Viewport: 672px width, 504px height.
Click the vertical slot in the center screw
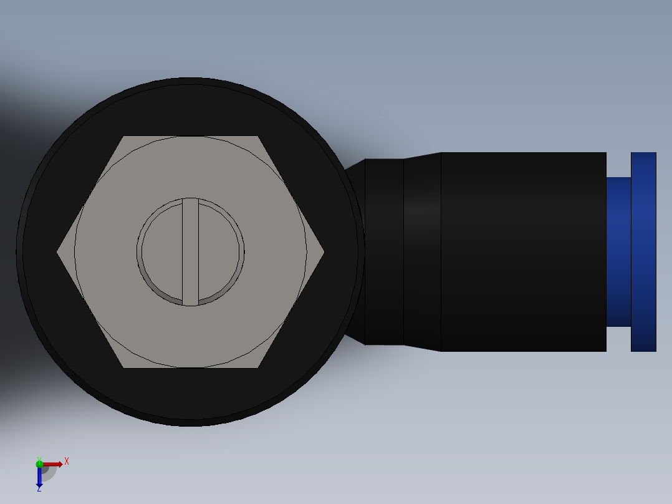[x=190, y=251]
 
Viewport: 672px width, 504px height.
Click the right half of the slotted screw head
[x=219, y=251]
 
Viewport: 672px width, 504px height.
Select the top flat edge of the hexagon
[x=190, y=137]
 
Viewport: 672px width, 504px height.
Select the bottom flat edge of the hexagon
[x=190, y=367]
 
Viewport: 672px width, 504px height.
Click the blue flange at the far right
[x=643, y=251]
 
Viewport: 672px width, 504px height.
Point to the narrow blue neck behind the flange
[x=618, y=251]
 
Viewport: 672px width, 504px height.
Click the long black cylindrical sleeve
[x=524, y=251]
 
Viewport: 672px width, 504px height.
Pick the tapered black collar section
[x=422, y=251]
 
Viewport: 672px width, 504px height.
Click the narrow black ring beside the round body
[x=383, y=251]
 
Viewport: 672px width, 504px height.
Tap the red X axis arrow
[x=53, y=464]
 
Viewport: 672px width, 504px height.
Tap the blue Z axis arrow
[x=39, y=477]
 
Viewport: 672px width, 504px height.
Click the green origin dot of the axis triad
[x=39, y=463]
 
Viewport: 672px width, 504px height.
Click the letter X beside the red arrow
[x=67, y=462]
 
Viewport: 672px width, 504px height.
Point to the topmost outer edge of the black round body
[x=190, y=79]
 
